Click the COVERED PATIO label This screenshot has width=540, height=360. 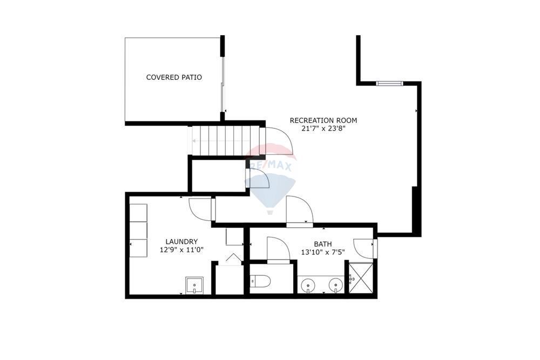coord(174,78)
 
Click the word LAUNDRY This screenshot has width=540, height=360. coord(181,242)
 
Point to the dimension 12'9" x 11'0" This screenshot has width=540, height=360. coord(181,250)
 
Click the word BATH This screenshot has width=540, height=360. coord(323,244)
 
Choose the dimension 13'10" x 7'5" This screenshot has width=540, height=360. coord(323,252)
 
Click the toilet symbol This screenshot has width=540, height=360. coord(261,281)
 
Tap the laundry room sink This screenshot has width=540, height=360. coord(194,284)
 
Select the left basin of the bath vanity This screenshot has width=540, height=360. coord(308,284)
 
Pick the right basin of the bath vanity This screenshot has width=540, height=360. coord(336,284)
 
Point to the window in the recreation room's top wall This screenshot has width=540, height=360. coord(389,83)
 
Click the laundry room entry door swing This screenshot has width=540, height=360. coord(201,209)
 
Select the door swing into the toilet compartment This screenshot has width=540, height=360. coord(279,249)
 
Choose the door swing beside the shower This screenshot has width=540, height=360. coord(364,248)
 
